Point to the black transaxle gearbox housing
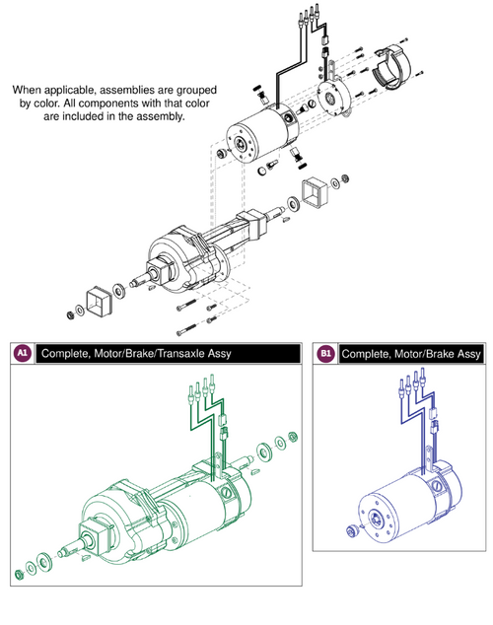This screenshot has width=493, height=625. [x=177, y=258]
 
